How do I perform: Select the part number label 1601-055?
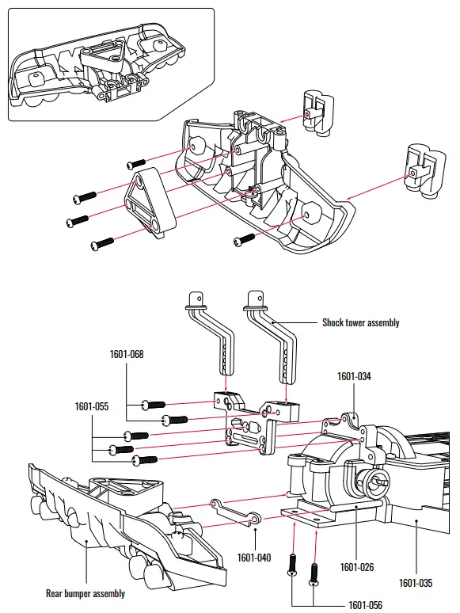click(92, 406)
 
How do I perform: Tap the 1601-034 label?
click(354, 376)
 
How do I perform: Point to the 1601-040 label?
click(254, 558)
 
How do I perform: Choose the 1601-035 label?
click(416, 583)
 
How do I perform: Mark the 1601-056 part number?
click(366, 605)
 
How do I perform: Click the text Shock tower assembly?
click(360, 322)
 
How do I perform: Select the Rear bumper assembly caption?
click(85, 593)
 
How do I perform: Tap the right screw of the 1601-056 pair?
click(315, 573)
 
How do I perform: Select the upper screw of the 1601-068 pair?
click(154, 405)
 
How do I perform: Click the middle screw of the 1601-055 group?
click(123, 450)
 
